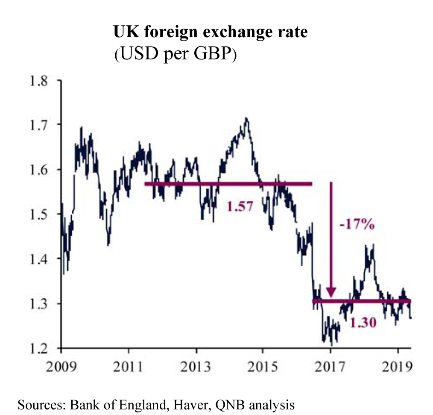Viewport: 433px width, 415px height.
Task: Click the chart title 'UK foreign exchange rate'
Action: point(210,32)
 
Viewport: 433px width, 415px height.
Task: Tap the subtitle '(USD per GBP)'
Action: point(175,56)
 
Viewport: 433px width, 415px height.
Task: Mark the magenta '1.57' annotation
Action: point(240,207)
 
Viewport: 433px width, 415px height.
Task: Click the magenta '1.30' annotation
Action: point(363,323)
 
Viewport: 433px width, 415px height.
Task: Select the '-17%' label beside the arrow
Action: point(357,224)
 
